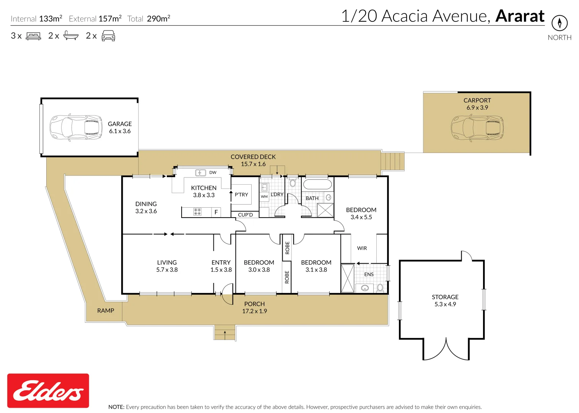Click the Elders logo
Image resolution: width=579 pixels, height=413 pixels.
pyautogui.click(x=48, y=390)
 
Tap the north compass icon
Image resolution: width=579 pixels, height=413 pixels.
pyautogui.click(x=559, y=23)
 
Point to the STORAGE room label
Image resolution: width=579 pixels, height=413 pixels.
pyautogui.click(x=445, y=297)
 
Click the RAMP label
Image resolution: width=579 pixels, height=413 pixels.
pyautogui.click(x=106, y=311)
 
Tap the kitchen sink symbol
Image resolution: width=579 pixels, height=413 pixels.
pyautogui.click(x=200, y=173)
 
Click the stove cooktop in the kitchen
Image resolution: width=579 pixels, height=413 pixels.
pyautogui.click(x=197, y=212)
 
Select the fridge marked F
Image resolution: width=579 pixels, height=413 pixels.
pyautogui.click(x=216, y=212)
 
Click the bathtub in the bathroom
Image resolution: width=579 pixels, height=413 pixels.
pyautogui.click(x=317, y=185)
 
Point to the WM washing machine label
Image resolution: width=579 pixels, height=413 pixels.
pyautogui.click(x=264, y=197)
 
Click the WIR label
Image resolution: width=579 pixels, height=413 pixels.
pyautogui.click(x=362, y=248)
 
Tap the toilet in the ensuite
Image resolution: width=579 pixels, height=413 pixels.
pyautogui.click(x=380, y=288)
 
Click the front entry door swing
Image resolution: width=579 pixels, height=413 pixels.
pyautogui.click(x=228, y=294)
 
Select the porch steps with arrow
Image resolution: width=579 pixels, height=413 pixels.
pyautogui.click(x=224, y=333)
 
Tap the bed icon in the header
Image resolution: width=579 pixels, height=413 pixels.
pyautogui.click(x=33, y=36)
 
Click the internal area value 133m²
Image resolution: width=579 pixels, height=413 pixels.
pyautogui.click(x=50, y=18)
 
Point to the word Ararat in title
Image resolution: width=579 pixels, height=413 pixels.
pyautogui.click(x=520, y=16)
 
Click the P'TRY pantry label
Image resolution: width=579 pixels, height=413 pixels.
pyautogui.click(x=241, y=195)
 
